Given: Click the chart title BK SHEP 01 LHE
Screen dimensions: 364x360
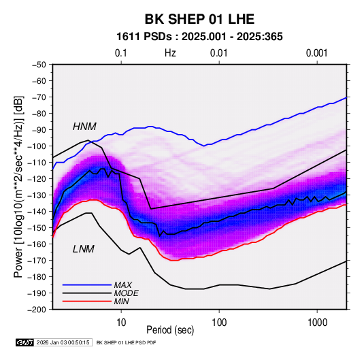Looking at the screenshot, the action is (x=199, y=19).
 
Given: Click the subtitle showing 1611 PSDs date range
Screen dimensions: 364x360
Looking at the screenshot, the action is (x=199, y=37).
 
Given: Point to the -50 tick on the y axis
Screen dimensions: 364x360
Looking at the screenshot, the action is (x=39, y=65).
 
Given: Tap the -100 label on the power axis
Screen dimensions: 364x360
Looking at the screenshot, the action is (x=37, y=146).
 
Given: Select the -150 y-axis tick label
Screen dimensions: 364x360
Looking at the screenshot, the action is (x=37, y=228).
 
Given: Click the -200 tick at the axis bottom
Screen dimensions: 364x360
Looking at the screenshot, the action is (x=37, y=310).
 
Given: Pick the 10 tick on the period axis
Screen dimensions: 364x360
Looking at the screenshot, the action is (x=121, y=323).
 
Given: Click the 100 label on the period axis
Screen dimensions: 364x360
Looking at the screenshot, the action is (x=219, y=323).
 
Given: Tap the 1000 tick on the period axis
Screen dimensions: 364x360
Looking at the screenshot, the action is (x=317, y=323).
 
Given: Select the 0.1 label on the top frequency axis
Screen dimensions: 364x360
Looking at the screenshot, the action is (x=121, y=53).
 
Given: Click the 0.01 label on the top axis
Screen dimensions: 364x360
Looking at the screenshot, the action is (x=219, y=53).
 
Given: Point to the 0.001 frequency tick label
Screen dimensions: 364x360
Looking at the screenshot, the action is (x=317, y=53).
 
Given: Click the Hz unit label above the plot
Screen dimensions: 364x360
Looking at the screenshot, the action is (x=170, y=53).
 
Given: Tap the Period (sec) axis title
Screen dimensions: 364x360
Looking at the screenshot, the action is (x=170, y=330).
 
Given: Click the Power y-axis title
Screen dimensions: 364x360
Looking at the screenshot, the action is (x=18, y=187).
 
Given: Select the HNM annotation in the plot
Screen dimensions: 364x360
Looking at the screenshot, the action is (x=84, y=127).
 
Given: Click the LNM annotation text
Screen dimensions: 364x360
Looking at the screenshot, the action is (x=84, y=249).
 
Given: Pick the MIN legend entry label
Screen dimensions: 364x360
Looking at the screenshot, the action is (x=121, y=301).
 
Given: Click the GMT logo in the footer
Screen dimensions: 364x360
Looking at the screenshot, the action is (x=24, y=342).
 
